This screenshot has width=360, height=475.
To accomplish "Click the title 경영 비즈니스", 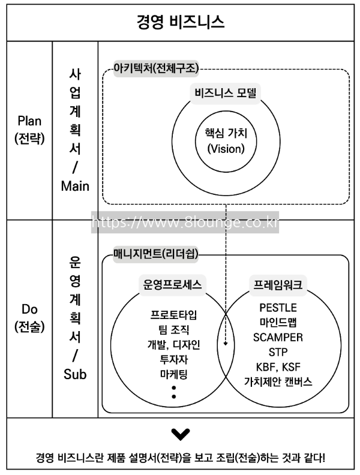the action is pyautogui.click(x=180, y=23).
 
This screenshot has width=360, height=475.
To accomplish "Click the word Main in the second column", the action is pyautogui.click(x=75, y=186).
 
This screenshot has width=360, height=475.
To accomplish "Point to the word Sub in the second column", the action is pyautogui.click(x=75, y=375).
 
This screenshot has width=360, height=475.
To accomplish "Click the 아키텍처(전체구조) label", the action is pyautogui.click(x=157, y=68).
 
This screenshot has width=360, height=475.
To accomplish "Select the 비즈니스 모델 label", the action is pyautogui.click(x=227, y=94).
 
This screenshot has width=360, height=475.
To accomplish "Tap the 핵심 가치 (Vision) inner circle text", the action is pyautogui.click(x=226, y=140).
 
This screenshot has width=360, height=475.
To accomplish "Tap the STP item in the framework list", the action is pyautogui.click(x=278, y=351).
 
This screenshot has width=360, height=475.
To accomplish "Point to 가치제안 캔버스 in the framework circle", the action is pyautogui.click(x=278, y=381).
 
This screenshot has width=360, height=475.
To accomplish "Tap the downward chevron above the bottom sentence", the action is pyautogui.click(x=179, y=433).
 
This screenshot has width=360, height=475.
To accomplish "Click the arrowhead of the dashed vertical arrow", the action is pyautogui.click(x=226, y=344).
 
